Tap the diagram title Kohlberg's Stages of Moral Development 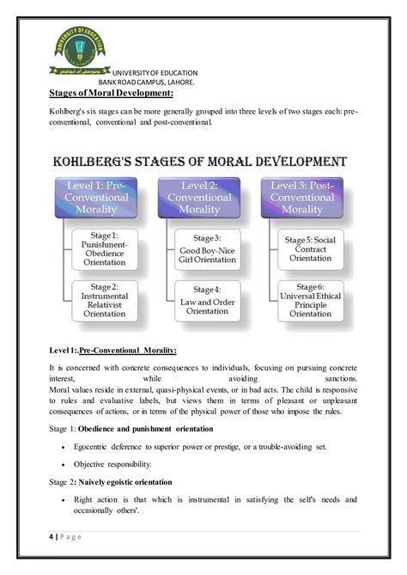[200, 161]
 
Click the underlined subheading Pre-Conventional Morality [128, 349]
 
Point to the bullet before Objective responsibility [64, 463]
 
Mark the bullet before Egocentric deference [64, 446]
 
